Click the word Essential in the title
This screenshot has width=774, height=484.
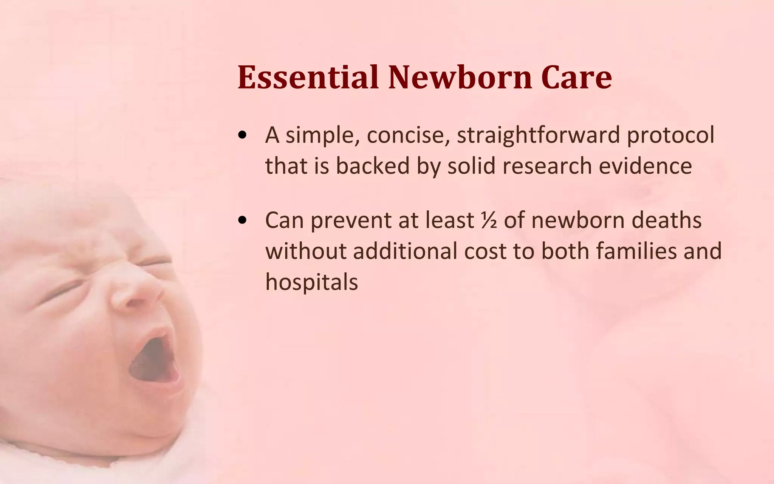click(x=308, y=77)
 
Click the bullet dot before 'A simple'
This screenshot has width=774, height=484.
click(x=243, y=136)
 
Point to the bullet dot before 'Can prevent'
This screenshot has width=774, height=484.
click(x=243, y=221)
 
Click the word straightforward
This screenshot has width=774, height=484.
click(x=539, y=135)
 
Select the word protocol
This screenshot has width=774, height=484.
click(x=671, y=135)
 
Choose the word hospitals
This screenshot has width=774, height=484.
click(x=311, y=282)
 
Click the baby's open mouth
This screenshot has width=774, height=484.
click(x=153, y=359)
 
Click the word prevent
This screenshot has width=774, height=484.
click(x=351, y=221)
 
